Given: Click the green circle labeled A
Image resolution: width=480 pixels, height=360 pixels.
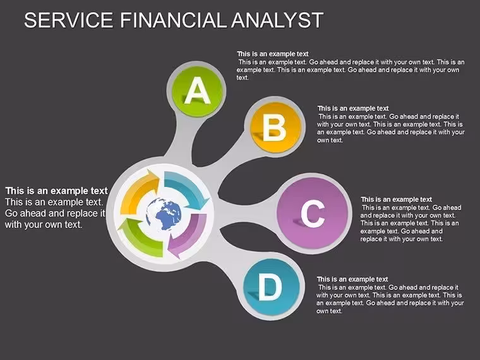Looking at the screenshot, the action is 196,91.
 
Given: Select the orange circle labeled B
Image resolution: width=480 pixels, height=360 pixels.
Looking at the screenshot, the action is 275,126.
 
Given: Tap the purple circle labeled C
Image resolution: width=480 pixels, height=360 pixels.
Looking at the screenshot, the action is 313,213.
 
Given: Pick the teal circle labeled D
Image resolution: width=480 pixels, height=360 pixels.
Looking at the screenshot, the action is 271,287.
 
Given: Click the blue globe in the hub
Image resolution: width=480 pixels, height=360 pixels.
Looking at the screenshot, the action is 164,214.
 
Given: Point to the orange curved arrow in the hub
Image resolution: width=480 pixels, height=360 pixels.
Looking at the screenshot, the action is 140,191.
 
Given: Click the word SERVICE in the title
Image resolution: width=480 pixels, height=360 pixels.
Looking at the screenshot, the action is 69,20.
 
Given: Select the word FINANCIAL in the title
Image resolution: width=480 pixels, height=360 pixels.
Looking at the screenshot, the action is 174,20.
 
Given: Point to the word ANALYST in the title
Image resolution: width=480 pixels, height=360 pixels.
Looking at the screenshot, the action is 277,20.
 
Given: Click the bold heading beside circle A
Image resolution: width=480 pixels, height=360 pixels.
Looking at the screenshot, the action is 273,54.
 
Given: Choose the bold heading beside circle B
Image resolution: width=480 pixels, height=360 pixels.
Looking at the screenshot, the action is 353,109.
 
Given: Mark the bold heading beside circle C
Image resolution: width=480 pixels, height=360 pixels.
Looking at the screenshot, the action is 396,200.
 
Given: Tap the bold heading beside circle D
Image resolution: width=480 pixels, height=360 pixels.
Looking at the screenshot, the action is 352,279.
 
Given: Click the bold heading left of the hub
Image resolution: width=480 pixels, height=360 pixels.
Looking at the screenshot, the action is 57,191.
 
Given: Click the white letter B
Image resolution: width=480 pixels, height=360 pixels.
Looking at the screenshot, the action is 274,128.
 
